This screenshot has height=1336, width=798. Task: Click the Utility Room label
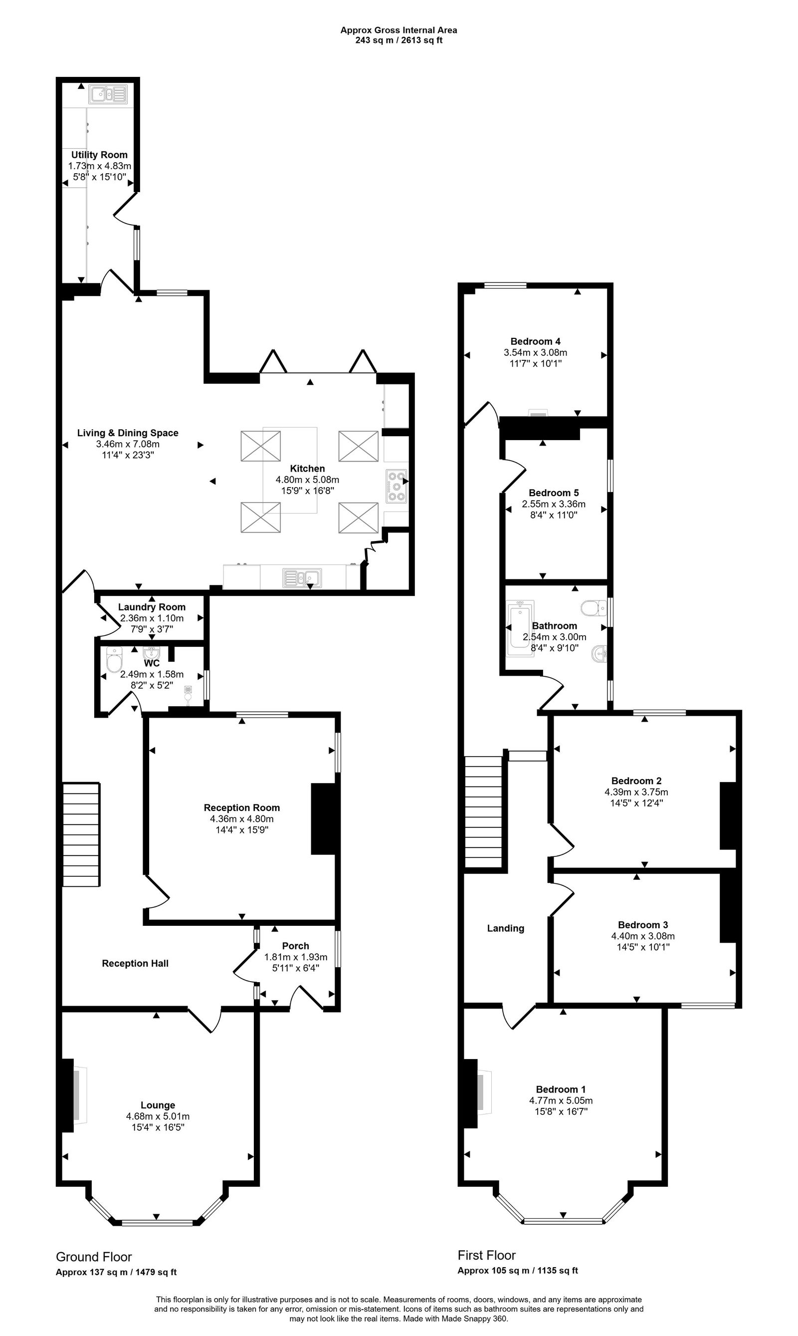pyautogui.click(x=99, y=155)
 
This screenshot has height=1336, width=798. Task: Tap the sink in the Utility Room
pyautogui.click(x=108, y=95)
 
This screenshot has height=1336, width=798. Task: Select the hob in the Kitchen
pyautogui.click(x=397, y=486)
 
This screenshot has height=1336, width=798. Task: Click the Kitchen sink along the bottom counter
pyautogui.click(x=302, y=578)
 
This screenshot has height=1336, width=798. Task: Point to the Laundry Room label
pyautogui.click(x=152, y=607)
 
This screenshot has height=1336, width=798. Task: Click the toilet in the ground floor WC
pyautogui.click(x=114, y=661)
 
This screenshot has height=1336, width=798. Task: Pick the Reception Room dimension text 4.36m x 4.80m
pyautogui.click(x=241, y=819)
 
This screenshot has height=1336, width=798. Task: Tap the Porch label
pyautogui.click(x=295, y=946)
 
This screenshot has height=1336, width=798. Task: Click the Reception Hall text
pyautogui.click(x=135, y=963)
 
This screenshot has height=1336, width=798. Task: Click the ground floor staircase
pyautogui.click(x=81, y=834)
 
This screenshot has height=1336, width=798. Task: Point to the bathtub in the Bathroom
pyautogui.click(x=520, y=628)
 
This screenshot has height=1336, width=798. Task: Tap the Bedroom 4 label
pyautogui.click(x=535, y=341)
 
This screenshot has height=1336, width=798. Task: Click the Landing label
pyautogui.click(x=505, y=928)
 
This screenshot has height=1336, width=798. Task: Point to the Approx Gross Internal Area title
pyautogui.click(x=399, y=30)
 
